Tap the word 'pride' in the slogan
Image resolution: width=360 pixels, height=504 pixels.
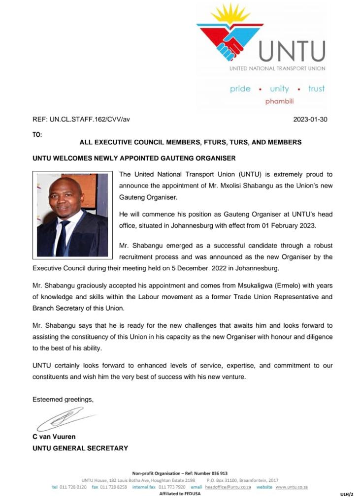pos(240,89)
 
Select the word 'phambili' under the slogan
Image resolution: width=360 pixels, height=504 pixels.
pos(279,101)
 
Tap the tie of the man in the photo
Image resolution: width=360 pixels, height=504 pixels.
pos(63,238)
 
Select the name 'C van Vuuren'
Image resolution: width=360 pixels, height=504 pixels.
pos(54,437)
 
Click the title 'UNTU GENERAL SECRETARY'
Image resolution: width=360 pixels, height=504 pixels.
pos(80,448)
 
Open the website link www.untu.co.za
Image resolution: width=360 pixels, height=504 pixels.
pos(292,487)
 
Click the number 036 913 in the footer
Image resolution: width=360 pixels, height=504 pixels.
pos(218,473)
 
